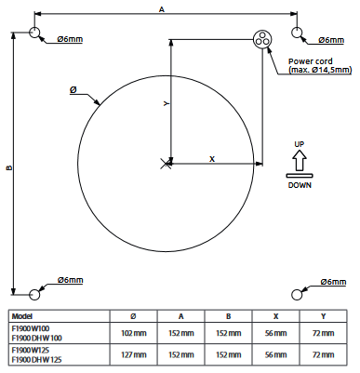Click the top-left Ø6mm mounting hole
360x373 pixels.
tap(36, 33)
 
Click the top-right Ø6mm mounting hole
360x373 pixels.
tap(299, 33)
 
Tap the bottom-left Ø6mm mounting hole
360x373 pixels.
tap(36, 294)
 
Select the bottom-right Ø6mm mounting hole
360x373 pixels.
tap(299, 294)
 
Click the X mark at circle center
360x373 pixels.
tap(167, 164)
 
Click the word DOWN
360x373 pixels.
tap(299, 184)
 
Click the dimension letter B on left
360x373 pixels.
tap(8, 168)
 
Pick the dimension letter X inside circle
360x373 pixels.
tap(211, 159)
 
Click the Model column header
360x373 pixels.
tap(22, 314)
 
